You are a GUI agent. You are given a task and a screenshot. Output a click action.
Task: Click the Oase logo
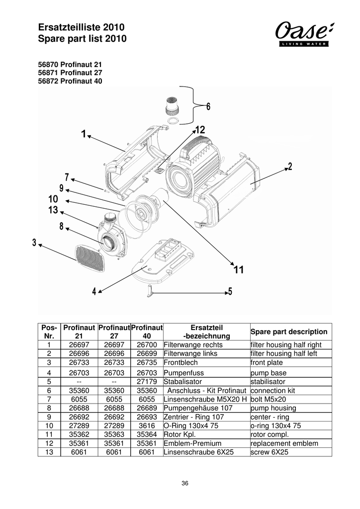coord(303,34)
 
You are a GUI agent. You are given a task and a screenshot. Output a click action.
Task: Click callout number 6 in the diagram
coord(208,107)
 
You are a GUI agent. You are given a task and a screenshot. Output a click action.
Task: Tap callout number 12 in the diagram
coord(200,129)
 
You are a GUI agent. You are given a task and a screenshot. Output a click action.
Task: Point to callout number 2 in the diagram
coord(290,167)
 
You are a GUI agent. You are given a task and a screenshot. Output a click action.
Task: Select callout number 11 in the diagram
coord(238,270)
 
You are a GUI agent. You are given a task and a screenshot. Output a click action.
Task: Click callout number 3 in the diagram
coord(34,243)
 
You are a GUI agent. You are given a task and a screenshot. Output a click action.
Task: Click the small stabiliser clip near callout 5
coord(149,291)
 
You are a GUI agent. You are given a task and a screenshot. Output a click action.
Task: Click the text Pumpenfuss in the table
coord(183,372)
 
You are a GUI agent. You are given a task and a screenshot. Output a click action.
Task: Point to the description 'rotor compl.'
coord(269,434)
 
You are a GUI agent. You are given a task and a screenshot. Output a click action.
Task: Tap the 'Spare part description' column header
coord(289,332)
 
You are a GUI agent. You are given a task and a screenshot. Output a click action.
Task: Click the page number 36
coord(185,483)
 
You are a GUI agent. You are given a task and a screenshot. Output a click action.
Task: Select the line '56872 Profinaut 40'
coord(70,81)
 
